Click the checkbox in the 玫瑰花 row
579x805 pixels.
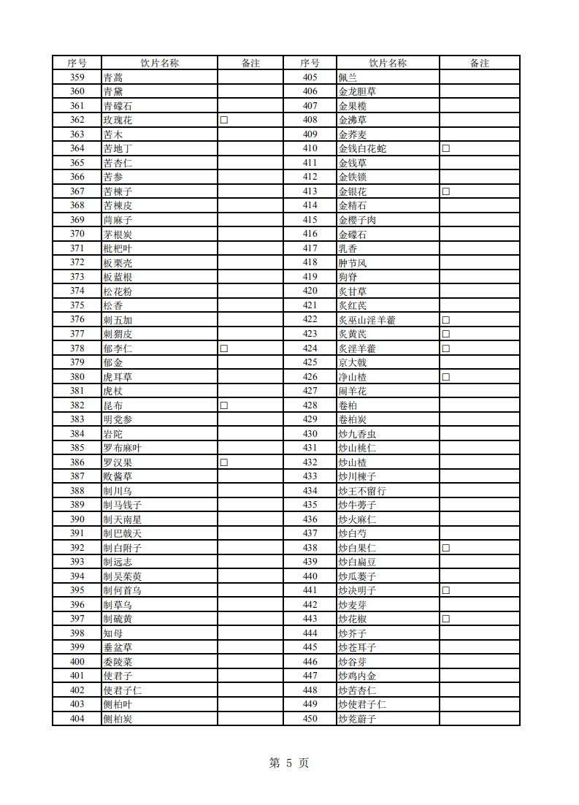click(x=224, y=120)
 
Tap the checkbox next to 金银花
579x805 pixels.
click(x=445, y=191)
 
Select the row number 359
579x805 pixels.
click(x=77, y=77)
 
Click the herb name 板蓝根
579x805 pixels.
click(x=118, y=277)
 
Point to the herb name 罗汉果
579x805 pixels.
click(x=118, y=462)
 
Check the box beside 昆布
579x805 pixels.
click(x=224, y=405)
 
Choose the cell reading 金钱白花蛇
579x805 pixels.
click(x=362, y=148)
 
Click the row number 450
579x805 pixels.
click(x=310, y=719)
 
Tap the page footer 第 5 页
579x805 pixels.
click(x=289, y=763)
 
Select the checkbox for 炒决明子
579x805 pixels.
click(x=445, y=590)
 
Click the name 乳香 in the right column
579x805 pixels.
click(x=348, y=248)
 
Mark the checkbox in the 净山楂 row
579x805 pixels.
click(x=445, y=377)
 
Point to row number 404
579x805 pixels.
click(x=77, y=719)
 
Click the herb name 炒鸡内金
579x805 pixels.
click(x=357, y=676)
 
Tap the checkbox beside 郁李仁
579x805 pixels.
click(x=224, y=348)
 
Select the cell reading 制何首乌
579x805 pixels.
click(x=122, y=590)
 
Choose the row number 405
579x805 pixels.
click(x=310, y=77)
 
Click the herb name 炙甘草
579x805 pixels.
click(x=353, y=291)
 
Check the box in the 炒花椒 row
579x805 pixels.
click(x=445, y=619)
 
